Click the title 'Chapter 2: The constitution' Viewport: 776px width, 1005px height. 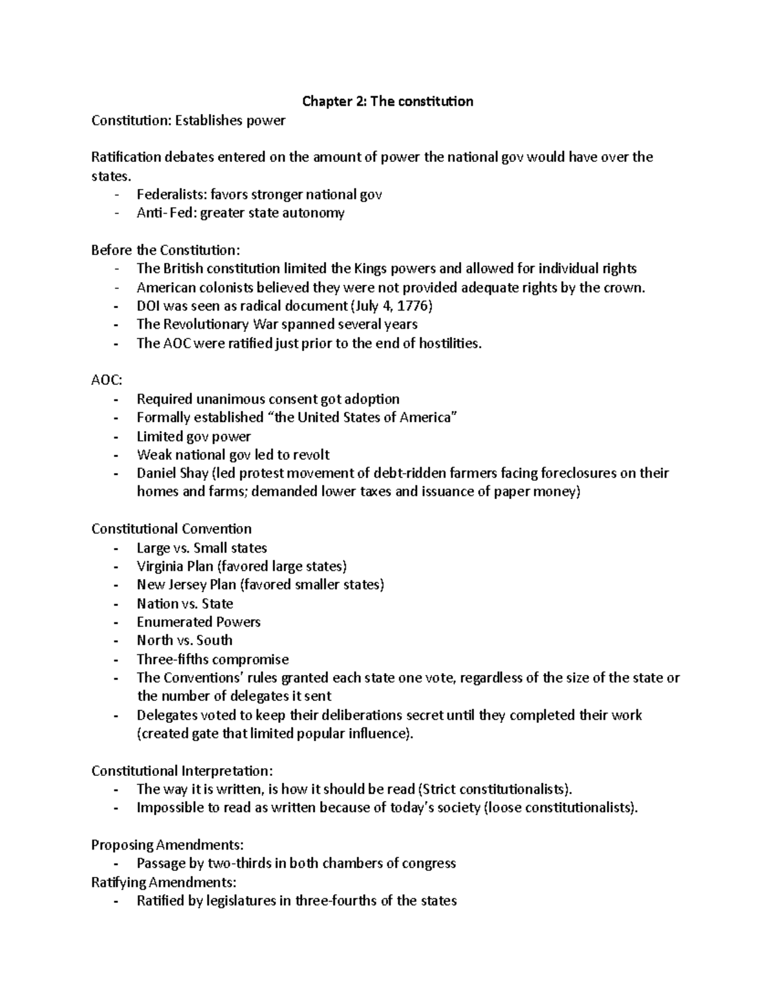click(x=388, y=102)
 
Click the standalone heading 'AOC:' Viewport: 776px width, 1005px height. click(x=106, y=381)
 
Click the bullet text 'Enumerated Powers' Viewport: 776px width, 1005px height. click(x=199, y=622)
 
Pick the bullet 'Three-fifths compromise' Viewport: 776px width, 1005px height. click(x=213, y=659)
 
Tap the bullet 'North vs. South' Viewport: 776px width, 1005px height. click(x=184, y=641)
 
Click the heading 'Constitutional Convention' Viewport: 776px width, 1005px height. click(x=171, y=529)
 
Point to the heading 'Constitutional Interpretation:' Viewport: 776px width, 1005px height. click(x=182, y=771)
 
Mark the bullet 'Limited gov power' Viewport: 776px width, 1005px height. click(x=193, y=436)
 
